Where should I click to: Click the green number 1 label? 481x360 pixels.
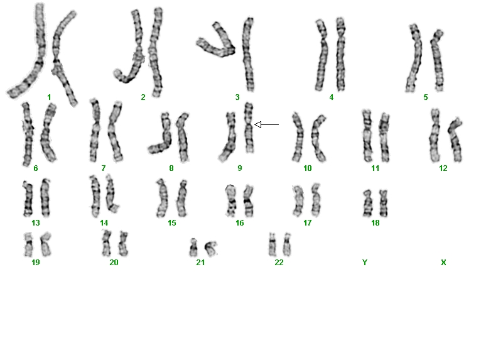[49, 97]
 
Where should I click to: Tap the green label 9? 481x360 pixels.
[240, 168]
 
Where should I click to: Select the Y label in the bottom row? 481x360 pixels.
[364, 263]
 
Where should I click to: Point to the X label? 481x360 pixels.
[443, 263]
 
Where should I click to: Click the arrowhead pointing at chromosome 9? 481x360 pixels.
[258, 124]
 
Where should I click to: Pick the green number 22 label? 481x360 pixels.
[279, 263]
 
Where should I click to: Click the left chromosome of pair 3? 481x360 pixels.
[216, 41]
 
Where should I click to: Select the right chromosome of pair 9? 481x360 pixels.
[249, 128]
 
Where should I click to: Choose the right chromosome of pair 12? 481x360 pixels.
[455, 140]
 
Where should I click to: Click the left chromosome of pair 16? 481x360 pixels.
[230, 200]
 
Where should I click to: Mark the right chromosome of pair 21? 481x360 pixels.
[211, 249]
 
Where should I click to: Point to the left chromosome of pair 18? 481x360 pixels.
[367, 203]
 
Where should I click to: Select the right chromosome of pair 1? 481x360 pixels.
[63, 58]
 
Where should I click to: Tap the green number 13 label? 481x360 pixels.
[36, 223]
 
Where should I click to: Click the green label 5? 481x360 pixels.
[426, 97]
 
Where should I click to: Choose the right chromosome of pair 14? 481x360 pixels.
[111, 194]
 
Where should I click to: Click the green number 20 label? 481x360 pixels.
[114, 263]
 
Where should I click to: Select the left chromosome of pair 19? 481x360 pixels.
[28, 244]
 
